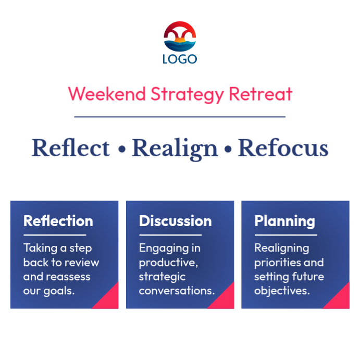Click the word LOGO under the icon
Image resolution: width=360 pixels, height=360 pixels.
pos(180,59)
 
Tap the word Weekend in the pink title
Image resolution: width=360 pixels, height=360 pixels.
pos(107,94)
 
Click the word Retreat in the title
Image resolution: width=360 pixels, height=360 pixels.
pos(261,94)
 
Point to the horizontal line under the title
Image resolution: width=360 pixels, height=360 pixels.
pos(180,117)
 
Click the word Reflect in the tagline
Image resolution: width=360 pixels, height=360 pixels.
pos(71,148)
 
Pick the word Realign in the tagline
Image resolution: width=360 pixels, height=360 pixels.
pos(175,148)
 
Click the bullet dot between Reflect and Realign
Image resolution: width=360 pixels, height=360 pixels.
pos(121,150)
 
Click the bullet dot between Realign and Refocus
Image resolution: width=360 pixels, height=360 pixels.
pos(228,150)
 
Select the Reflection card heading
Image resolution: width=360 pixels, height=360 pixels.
pos(58,221)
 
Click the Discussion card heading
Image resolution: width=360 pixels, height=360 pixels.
pos(175,221)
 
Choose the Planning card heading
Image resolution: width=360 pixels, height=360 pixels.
pos(284,221)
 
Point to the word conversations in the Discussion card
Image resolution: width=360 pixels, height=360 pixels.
pos(176,291)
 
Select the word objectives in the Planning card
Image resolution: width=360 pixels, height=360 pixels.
pos(281,291)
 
